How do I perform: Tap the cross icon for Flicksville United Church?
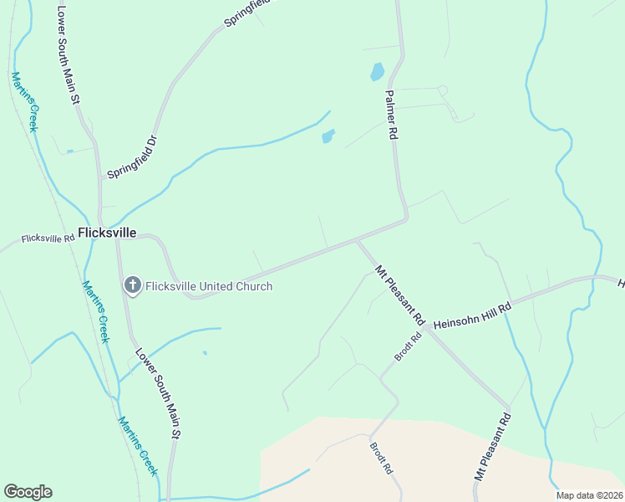(x=132, y=286)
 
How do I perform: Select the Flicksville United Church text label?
(x=209, y=286)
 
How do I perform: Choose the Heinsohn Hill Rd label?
(x=472, y=315)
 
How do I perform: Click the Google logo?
(x=28, y=492)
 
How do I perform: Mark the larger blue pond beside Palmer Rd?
(x=377, y=72)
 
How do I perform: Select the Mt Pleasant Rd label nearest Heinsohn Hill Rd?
(x=399, y=296)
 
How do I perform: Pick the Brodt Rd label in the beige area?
(x=381, y=457)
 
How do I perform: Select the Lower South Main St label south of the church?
(x=158, y=393)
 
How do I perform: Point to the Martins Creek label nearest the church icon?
(x=95, y=310)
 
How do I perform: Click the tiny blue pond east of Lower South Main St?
(x=205, y=352)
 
